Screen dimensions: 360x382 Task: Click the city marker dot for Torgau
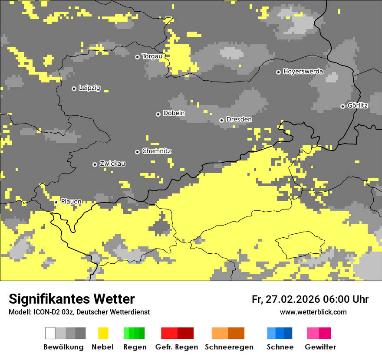point(137,57)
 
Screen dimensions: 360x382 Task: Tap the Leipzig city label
point(89,88)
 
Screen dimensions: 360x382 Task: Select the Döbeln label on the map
point(174,113)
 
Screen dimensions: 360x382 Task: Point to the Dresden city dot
point(221,120)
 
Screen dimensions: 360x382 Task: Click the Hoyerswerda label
point(303,71)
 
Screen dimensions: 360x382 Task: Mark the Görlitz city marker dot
point(342,106)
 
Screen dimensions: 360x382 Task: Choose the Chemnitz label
point(156,151)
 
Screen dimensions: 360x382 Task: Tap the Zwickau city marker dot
point(95,164)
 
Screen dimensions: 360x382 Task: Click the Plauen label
point(71,201)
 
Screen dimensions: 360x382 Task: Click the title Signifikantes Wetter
point(72,299)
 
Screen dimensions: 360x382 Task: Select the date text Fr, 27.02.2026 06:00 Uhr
point(310,299)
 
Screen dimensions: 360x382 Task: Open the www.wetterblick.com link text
point(313,312)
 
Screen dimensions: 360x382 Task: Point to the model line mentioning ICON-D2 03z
point(79,312)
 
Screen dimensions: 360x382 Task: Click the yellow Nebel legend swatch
point(103,333)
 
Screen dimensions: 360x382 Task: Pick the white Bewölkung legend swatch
point(50,333)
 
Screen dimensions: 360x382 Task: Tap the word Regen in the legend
point(134,347)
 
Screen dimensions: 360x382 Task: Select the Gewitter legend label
point(320,347)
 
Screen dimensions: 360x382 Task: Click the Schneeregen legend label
point(229,347)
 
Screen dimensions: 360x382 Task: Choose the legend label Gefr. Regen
point(177,347)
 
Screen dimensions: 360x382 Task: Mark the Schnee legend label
point(280,347)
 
